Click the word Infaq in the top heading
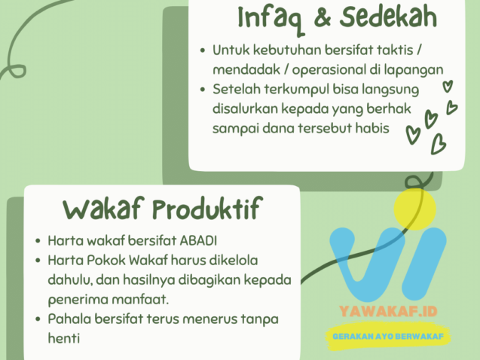[268, 16]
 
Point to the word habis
[371, 127]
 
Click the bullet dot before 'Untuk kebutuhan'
[203, 51]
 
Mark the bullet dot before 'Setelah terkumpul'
[203, 90]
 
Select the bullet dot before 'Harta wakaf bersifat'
[38, 242]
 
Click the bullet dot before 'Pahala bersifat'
[38, 319]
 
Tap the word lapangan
[417, 70]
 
